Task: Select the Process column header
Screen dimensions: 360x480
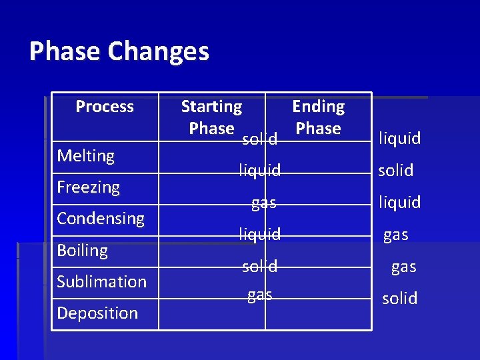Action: click(x=105, y=107)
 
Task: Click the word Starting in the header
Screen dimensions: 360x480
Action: click(x=211, y=107)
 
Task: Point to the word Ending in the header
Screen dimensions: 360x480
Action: click(x=318, y=107)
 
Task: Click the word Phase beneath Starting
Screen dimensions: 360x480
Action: click(x=211, y=128)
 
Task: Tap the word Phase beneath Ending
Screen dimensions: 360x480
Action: click(x=318, y=128)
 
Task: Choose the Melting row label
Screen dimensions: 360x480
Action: click(x=86, y=156)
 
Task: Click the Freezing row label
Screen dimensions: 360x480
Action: click(x=88, y=187)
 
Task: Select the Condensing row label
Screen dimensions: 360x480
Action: click(x=101, y=219)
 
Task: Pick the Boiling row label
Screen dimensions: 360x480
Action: click(x=82, y=251)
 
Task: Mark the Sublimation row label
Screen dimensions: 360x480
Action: click(x=101, y=282)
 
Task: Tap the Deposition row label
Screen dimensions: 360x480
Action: click(x=97, y=313)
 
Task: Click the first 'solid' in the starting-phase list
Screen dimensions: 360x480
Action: click(x=259, y=139)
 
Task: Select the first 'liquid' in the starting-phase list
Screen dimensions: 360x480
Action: click(x=260, y=171)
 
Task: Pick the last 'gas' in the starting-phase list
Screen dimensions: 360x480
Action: click(x=259, y=295)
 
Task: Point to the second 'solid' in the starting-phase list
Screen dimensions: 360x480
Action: click(x=259, y=267)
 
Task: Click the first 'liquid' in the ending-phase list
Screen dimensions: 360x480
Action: click(x=399, y=139)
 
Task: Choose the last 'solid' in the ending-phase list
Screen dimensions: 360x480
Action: click(x=399, y=299)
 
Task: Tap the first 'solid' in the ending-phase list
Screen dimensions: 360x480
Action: click(x=396, y=171)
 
